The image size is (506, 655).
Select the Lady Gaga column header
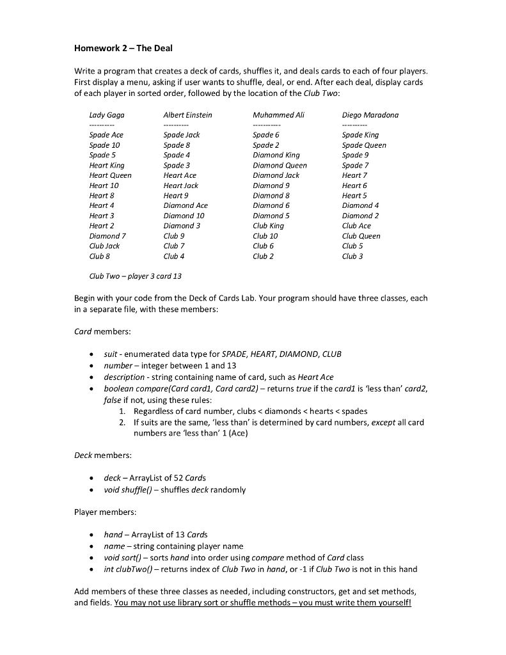point(107,115)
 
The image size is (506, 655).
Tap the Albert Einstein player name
point(187,115)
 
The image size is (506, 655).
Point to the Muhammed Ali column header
point(278,115)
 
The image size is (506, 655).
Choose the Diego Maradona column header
point(370,115)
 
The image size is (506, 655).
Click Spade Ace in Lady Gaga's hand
point(106,135)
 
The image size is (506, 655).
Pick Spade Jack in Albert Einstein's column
point(182,135)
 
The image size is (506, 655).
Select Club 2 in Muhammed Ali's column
point(263,256)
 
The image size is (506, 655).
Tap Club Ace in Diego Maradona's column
point(356,226)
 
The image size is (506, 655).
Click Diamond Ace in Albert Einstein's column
point(186,205)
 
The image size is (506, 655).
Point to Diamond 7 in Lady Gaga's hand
point(107,236)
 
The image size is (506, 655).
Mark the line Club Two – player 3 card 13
point(136,276)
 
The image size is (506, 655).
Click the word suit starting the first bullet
point(110,354)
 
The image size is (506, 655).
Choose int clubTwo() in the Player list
point(130,569)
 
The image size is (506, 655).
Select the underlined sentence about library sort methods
point(263,602)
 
